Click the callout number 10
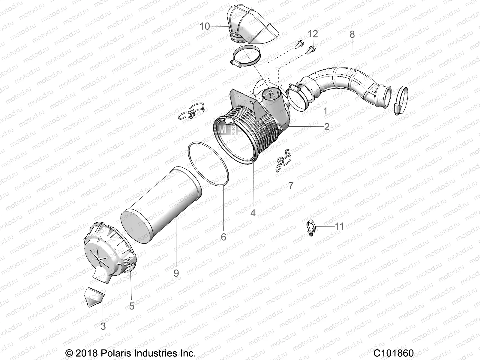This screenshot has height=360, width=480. (205, 26)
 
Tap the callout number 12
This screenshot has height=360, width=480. (312, 34)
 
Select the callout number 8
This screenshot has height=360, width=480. (352, 34)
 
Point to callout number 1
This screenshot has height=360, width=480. (325, 111)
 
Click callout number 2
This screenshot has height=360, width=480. (327, 127)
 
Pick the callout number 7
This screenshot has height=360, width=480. (291, 185)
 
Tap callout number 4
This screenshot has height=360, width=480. (253, 213)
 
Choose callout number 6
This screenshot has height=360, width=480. (223, 237)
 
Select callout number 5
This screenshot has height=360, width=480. (132, 306)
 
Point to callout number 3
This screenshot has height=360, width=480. (103, 326)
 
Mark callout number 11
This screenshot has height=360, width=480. (331, 226)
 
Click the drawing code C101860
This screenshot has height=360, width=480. (394, 353)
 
